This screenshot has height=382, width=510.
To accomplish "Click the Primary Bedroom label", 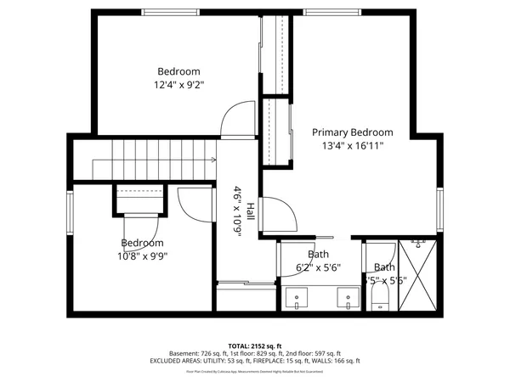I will [352, 132].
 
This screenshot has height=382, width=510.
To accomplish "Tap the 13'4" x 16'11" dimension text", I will [352, 145].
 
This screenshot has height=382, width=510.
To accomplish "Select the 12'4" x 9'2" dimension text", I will [178, 84].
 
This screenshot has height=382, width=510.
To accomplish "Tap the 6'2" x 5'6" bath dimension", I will [319, 267].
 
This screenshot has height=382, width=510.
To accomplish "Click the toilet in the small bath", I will [379, 297].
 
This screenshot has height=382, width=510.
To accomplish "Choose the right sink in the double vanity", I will [346, 299].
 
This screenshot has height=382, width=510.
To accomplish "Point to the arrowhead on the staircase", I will [212, 158].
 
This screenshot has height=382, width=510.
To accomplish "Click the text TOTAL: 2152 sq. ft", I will [254, 345].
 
